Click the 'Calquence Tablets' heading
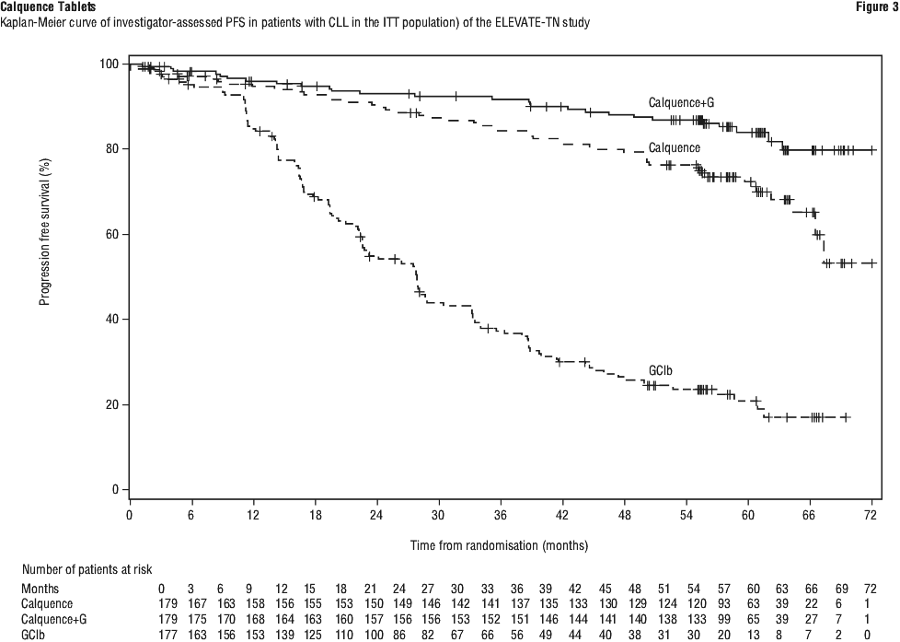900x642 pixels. pos(47,6)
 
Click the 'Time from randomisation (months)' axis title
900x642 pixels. pos(499,545)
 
